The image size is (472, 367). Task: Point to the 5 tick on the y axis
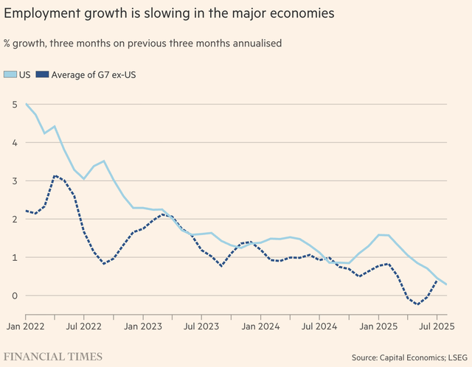click(14, 104)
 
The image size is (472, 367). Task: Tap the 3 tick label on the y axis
click(14, 181)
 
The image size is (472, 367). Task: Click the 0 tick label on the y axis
click(14, 296)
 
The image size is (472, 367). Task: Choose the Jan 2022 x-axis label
click(25, 325)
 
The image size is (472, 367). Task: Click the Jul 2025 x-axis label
click(437, 325)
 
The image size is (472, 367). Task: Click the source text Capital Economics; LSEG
click(426, 357)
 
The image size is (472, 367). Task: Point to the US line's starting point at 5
click(26, 104)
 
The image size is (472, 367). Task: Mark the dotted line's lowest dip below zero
click(417, 304)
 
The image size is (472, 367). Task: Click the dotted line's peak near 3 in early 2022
click(55, 175)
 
